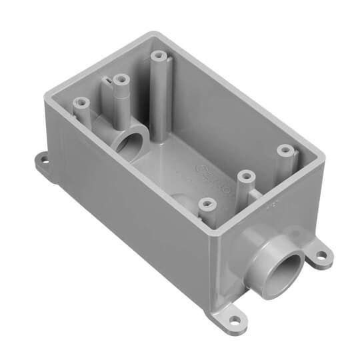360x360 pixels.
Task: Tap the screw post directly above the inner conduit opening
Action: coord(121,81)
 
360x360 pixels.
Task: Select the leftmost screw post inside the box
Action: coord(81,104)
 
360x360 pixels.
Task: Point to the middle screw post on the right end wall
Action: coord(247,177)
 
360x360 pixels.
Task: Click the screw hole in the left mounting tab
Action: coord(41,160)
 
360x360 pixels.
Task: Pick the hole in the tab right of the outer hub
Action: coord(321,255)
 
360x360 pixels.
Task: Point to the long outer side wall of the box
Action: coord(133,213)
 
